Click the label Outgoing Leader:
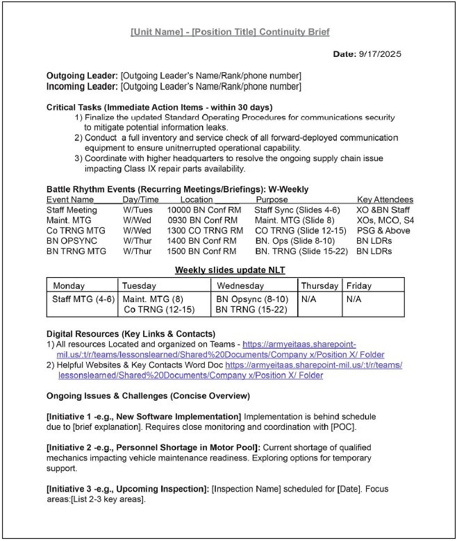[82, 75]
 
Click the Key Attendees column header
[385, 199]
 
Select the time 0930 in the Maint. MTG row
[177, 220]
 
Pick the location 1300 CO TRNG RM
[205, 231]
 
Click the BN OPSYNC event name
[72, 240]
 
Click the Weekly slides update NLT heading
[230, 269]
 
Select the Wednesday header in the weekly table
[240, 285]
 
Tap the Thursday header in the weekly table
[319, 285]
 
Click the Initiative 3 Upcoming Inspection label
[128, 490]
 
